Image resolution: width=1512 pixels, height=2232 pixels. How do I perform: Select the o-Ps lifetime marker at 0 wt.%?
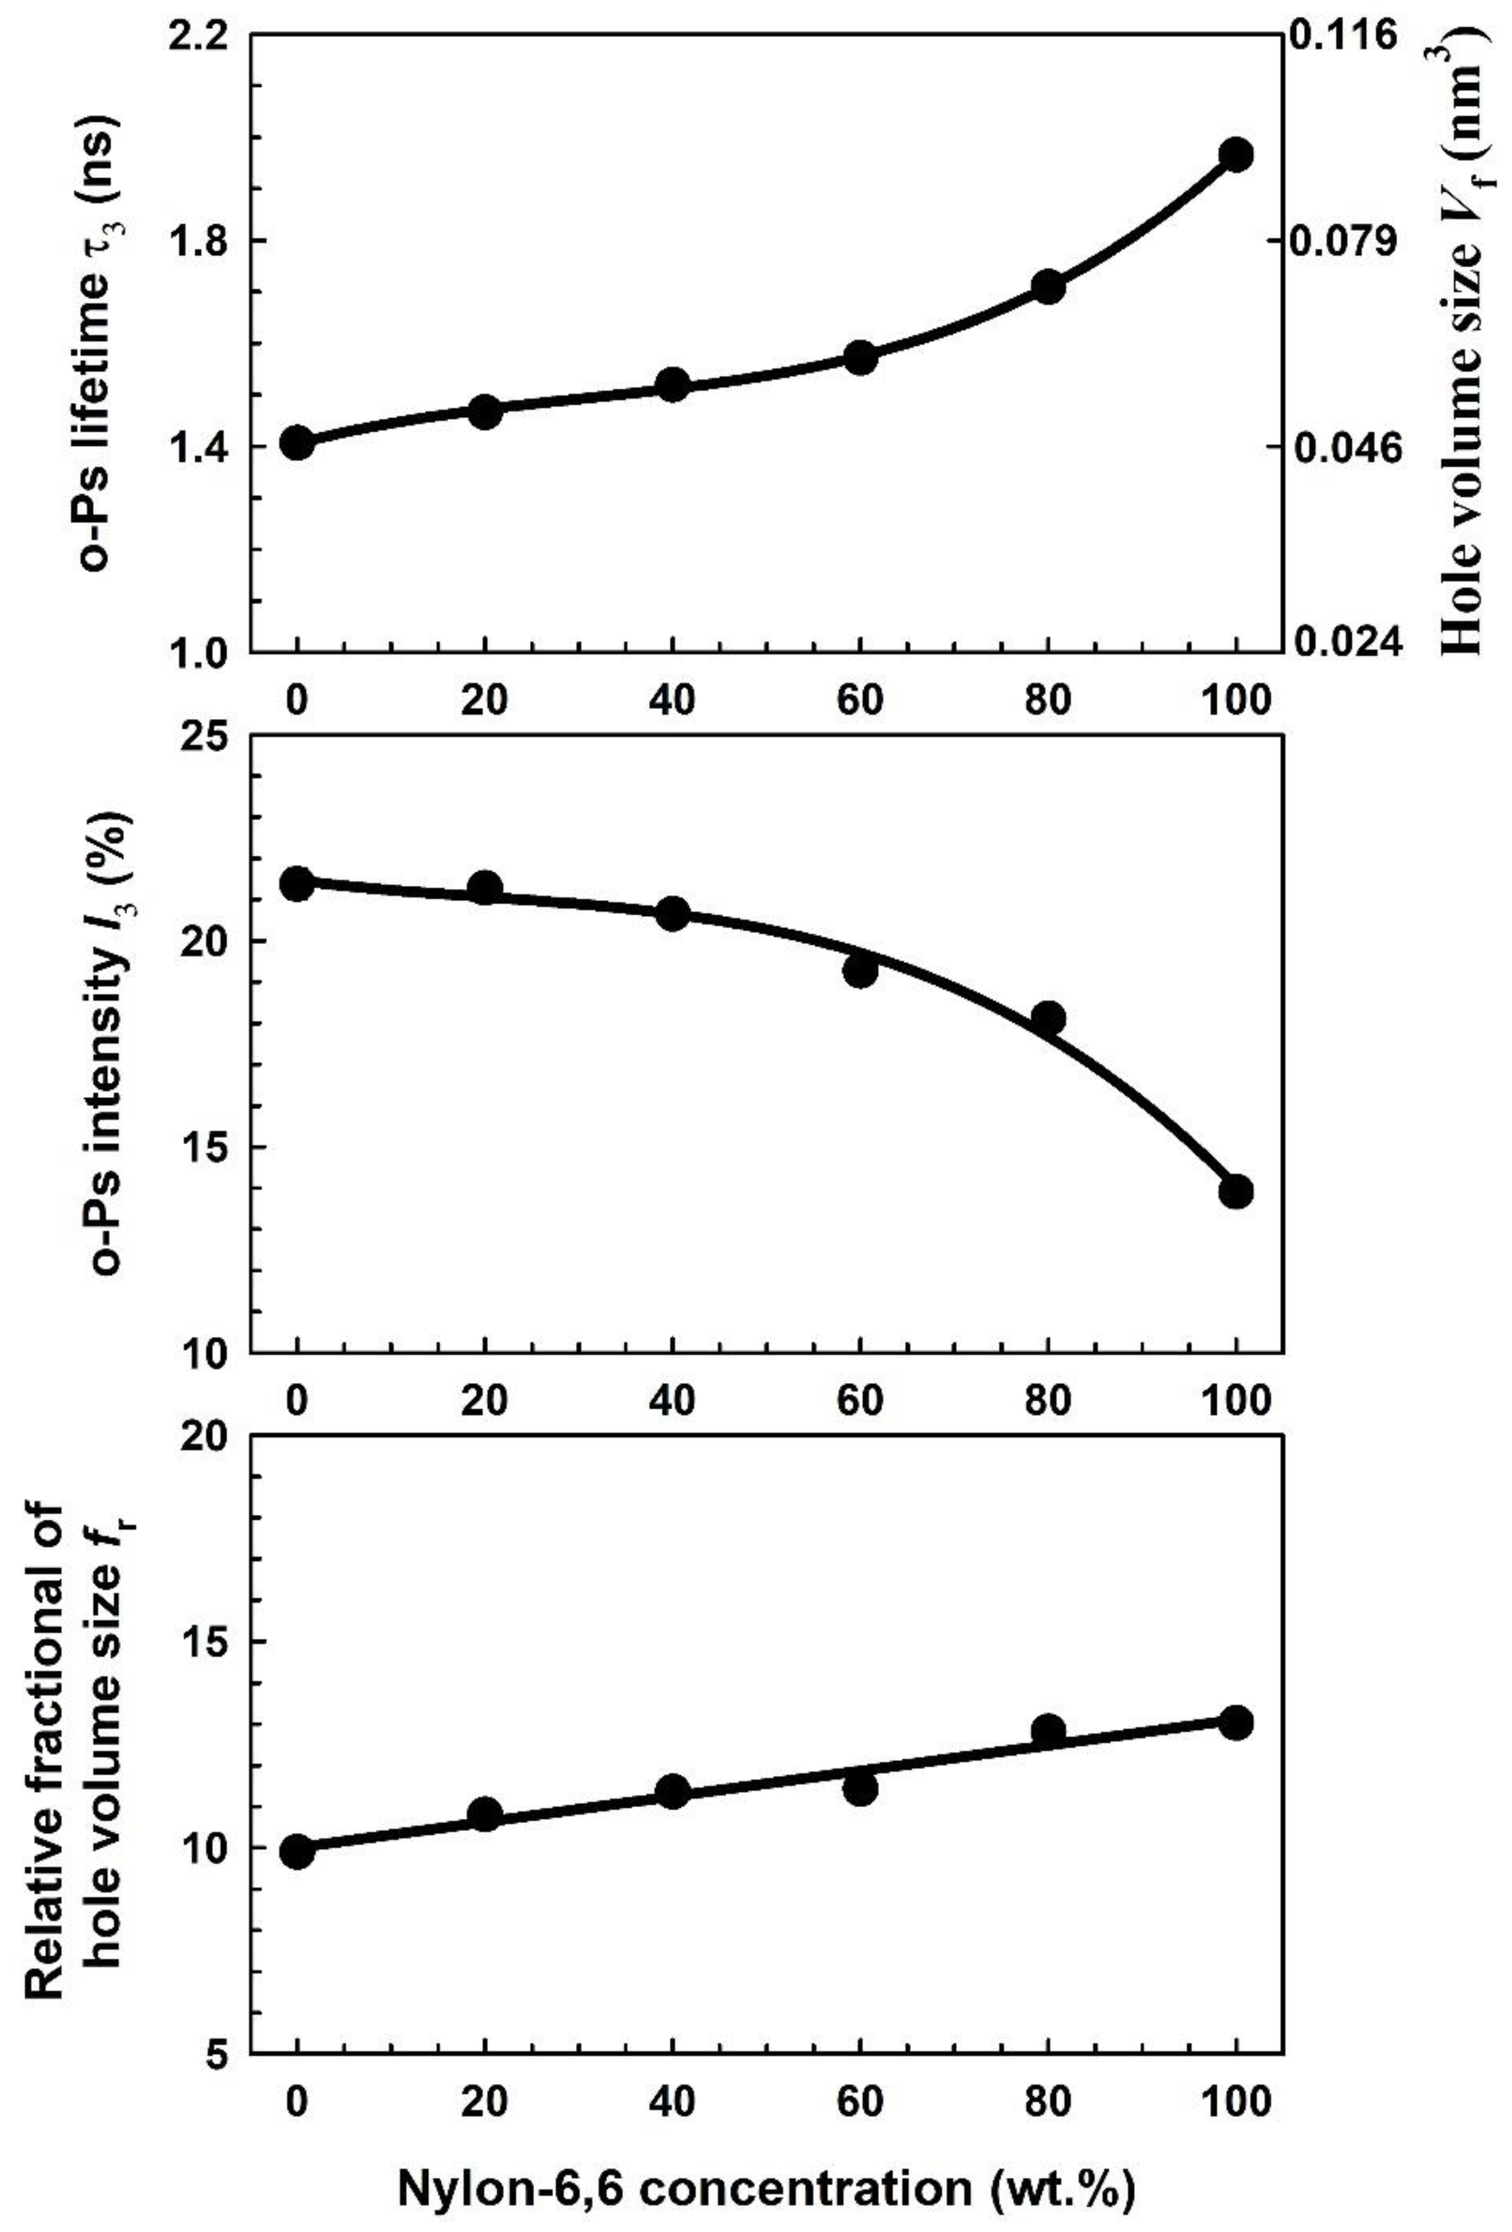click(x=298, y=443)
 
